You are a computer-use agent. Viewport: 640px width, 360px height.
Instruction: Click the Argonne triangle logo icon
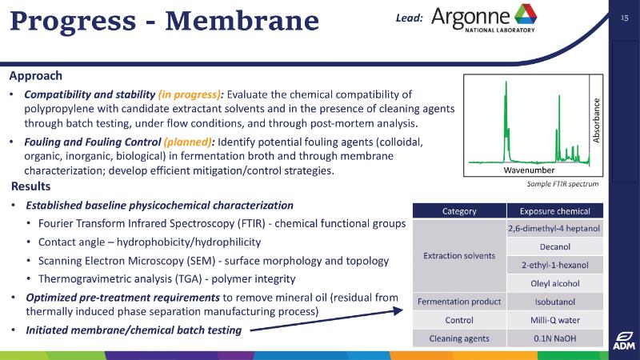pyautogui.click(x=526, y=14)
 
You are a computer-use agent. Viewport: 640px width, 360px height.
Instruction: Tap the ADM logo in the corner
pyautogui.click(x=624, y=341)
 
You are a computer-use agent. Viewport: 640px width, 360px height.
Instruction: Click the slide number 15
pyautogui.click(x=625, y=18)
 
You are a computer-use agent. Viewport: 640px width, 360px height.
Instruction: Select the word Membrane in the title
pyautogui.click(x=242, y=21)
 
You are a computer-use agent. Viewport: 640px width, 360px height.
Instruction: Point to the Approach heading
pyautogui.click(x=36, y=76)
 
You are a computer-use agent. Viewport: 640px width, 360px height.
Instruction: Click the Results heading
pyautogui.click(x=30, y=186)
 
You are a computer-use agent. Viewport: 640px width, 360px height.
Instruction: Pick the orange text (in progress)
pyautogui.click(x=190, y=94)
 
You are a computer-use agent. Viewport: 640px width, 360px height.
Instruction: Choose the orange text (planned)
pyautogui.click(x=187, y=142)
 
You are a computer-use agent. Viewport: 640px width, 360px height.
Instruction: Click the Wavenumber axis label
pyautogui.click(x=529, y=170)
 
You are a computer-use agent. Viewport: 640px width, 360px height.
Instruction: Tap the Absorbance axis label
pyautogui.click(x=596, y=121)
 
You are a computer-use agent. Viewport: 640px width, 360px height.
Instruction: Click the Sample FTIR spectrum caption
pyautogui.click(x=562, y=184)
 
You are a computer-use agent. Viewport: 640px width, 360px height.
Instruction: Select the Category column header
pyautogui.click(x=459, y=211)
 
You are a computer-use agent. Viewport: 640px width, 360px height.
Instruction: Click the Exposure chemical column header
pyautogui.click(x=554, y=211)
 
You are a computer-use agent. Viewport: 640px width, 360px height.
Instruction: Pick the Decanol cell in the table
pyautogui.click(x=554, y=247)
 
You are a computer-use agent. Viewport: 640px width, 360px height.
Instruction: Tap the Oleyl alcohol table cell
pyautogui.click(x=554, y=284)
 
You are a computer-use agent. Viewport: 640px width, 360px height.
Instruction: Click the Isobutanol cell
pyautogui.click(x=554, y=302)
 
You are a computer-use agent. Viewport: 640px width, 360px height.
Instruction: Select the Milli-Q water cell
pyautogui.click(x=554, y=321)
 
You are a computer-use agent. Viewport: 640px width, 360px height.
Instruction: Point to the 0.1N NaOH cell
pyautogui.click(x=554, y=338)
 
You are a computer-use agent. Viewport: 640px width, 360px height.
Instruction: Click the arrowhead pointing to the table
pyautogui.click(x=398, y=311)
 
